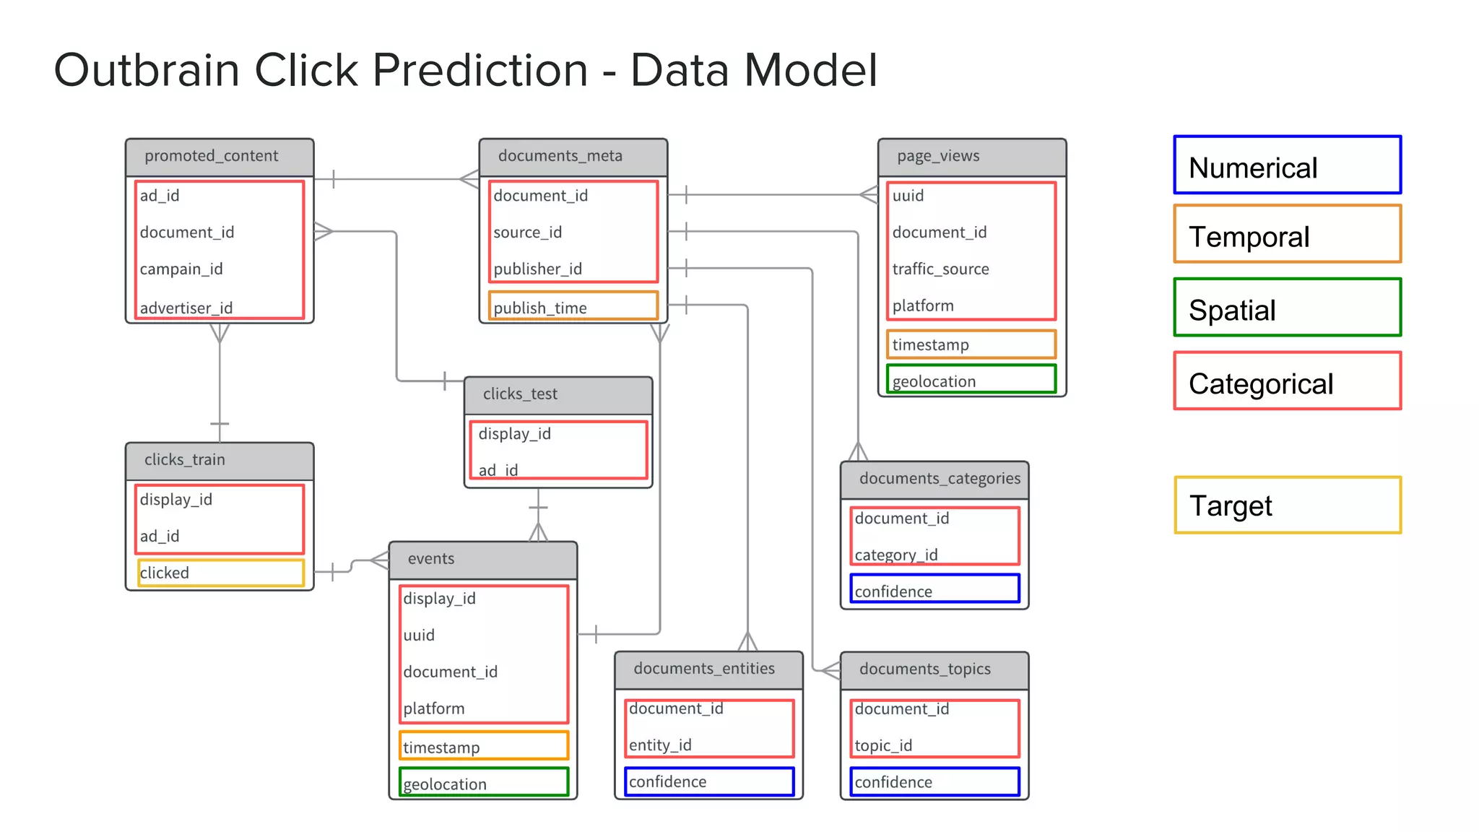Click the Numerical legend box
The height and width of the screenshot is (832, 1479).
pos(1287,165)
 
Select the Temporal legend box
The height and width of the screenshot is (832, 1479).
pos(1287,234)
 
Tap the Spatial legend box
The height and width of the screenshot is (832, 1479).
pos(1287,308)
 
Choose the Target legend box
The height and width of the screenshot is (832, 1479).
pos(1287,505)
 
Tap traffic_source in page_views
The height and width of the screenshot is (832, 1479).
pos(940,269)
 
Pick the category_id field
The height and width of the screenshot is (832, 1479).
pos(896,555)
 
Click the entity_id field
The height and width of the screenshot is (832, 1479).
pos(660,745)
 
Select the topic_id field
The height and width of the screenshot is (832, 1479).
pos(883,745)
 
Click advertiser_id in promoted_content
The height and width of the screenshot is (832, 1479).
pos(186,308)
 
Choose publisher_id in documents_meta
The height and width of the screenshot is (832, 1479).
pos(537,269)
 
